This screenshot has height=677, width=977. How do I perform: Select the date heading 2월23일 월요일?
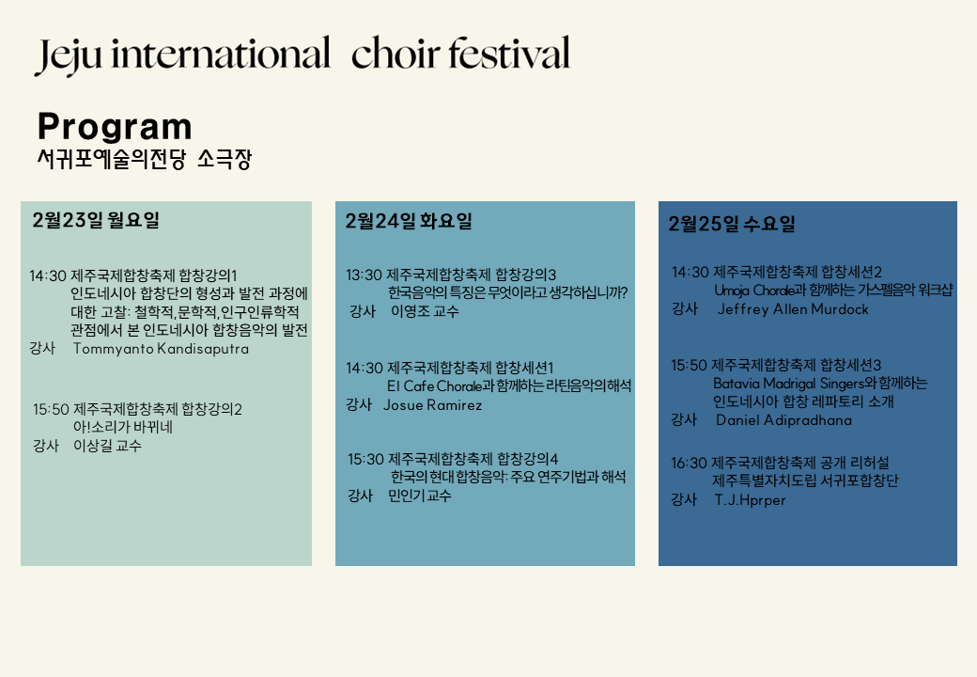click(x=96, y=220)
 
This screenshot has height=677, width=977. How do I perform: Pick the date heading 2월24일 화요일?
click(x=409, y=221)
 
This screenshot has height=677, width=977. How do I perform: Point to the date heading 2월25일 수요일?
click(x=732, y=224)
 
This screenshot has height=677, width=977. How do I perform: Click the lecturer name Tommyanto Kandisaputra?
click(x=161, y=349)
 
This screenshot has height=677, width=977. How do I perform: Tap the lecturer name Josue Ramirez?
click(x=432, y=405)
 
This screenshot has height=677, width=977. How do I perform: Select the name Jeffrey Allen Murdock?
click(x=793, y=309)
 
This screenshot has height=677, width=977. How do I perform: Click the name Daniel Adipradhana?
click(x=783, y=420)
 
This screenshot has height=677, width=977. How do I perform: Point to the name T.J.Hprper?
click(x=750, y=500)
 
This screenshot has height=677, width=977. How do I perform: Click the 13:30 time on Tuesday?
click(x=364, y=275)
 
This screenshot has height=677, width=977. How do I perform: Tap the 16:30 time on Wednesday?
click(x=689, y=464)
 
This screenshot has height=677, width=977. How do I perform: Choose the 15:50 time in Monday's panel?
click(x=51, y=410)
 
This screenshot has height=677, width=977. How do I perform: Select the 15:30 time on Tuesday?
click(x=365, y=460)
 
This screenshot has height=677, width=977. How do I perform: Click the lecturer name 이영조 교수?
click(x=425, y=311)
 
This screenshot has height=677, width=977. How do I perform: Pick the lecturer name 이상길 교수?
click(x=107, y=446)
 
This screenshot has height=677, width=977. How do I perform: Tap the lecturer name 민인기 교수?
click(x=419, y=496)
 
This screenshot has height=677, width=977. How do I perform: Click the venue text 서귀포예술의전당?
click(x=112, y=159)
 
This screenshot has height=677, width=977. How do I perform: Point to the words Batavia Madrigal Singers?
click(x=789, y=383)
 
